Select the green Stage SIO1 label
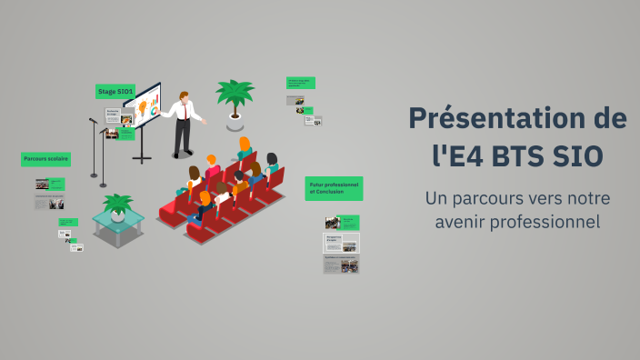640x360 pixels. point(115,91)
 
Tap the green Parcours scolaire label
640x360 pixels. point(46,159)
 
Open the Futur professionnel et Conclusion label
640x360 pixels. point(334,187)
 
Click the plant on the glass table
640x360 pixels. point(117,205)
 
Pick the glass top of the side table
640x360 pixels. point(117,221)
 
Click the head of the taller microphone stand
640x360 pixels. point(92,120)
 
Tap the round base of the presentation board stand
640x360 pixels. point(143,160)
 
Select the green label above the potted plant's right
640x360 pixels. point(301,83)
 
